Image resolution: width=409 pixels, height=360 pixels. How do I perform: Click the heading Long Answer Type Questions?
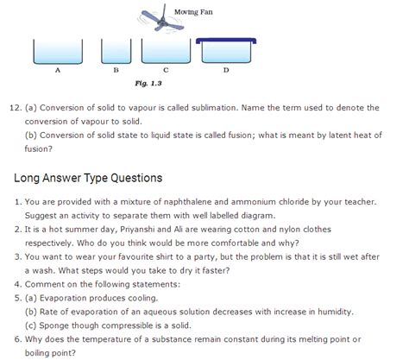click(x=89, y=179)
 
